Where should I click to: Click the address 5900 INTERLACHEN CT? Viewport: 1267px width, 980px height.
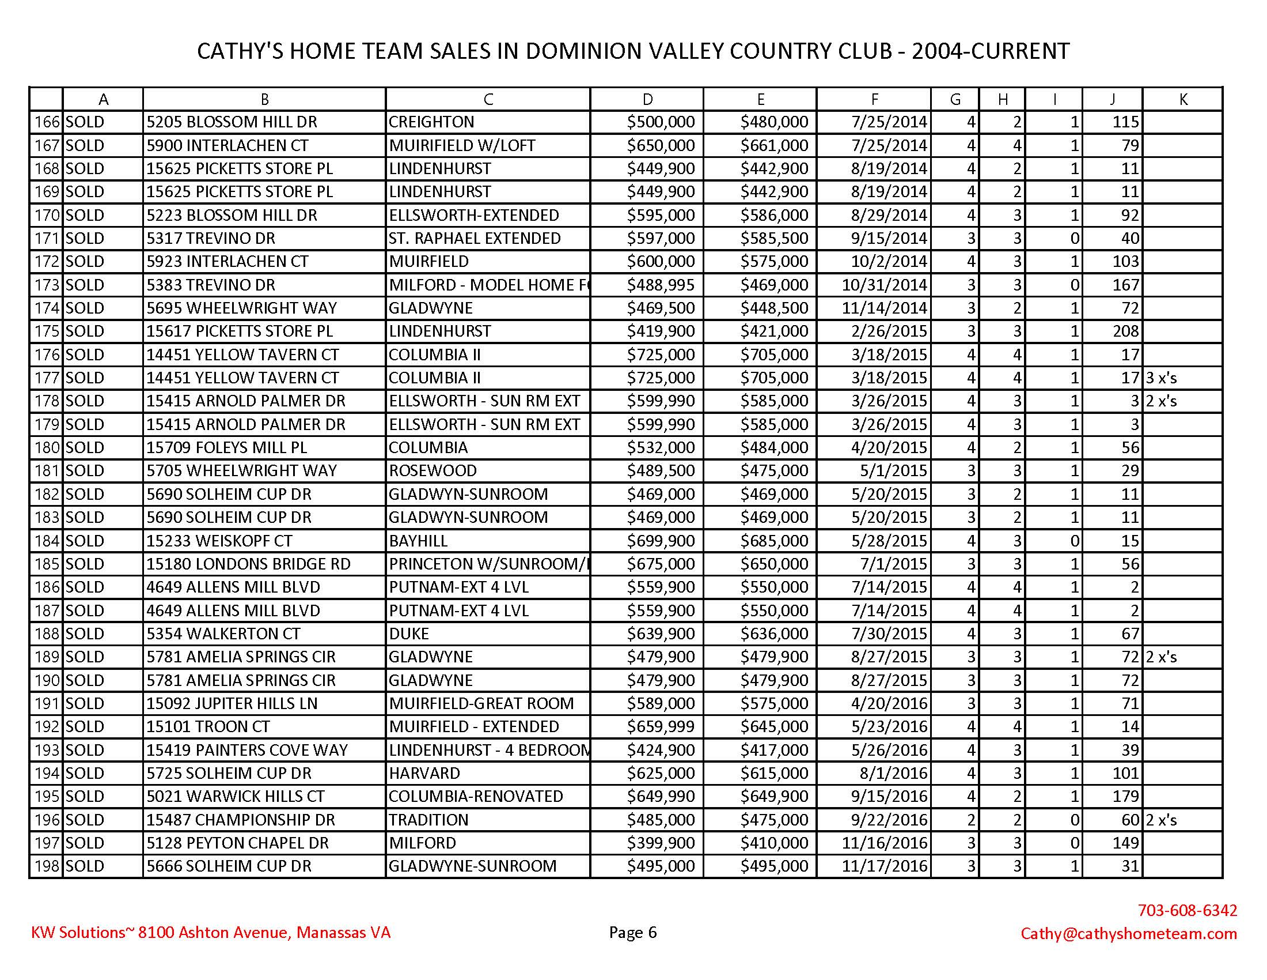pyautogui.click(x=227, y=145)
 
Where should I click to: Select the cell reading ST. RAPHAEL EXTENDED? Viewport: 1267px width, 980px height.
pyautogui.click(x=475, y=238)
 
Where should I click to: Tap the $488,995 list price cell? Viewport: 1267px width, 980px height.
pyautogui.click(x=660, y=285)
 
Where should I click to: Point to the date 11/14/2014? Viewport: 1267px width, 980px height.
pyautogui.click(x=884, y=308)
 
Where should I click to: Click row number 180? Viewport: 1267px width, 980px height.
pyautogui.click(x=47, y=447)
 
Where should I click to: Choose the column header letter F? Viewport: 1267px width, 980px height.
pyautogui.click(x=874, y=100)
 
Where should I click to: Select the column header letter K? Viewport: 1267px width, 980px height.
pyautogui.click(x=1183, y=100)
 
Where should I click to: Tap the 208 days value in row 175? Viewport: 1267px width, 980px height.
pyautogui.click(x=1125, y=331)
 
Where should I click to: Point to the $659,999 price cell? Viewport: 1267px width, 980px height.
pyautogui.click(x=660, y=727)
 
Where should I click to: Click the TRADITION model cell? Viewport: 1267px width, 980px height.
pyautogui.click(x=428, y=820)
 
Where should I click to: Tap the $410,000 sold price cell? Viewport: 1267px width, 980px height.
pyautogui.click(x=774, y=843)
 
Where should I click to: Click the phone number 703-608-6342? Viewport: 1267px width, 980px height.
pyautogui.click(x=1187, y=910)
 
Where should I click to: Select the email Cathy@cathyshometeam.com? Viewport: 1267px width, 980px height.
pyautogui.click(x=1128, y=933)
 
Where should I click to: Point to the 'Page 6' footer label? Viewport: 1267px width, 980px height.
pyautogui.click(x=633, y=932)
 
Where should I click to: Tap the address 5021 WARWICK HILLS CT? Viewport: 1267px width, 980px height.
pyautogui.click(x=236, y=797)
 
